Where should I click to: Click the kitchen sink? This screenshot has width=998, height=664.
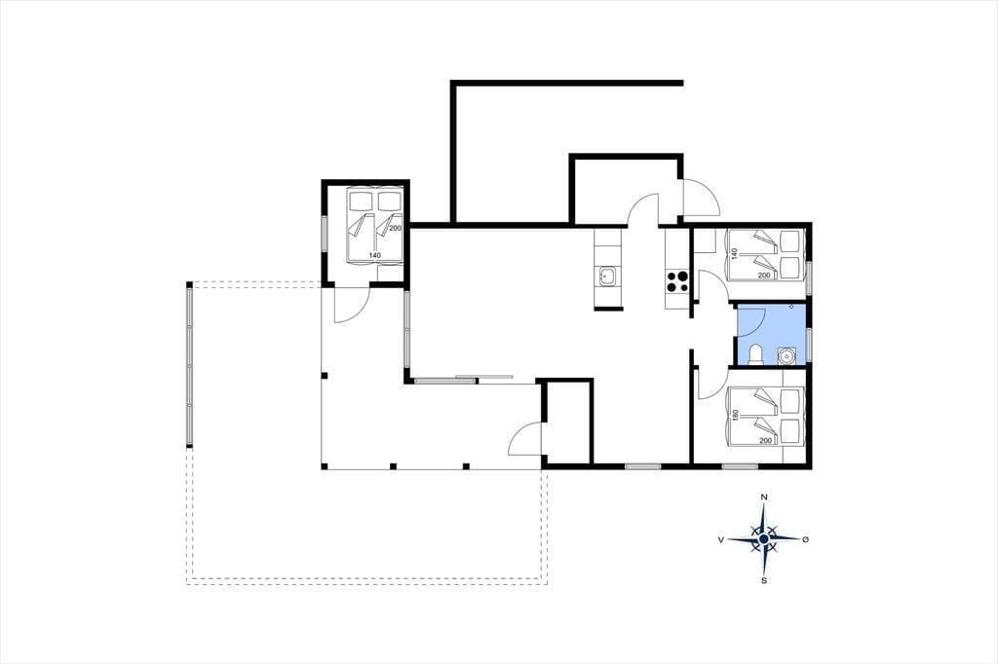(x=607, y=277)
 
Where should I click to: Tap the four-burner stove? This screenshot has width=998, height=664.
(x=676, y=281)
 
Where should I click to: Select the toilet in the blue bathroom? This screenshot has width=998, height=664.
(x=755, y=355)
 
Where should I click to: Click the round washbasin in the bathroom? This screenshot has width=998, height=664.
(x=787, y=355)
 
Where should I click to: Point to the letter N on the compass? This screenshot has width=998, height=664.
(x=764, y=497)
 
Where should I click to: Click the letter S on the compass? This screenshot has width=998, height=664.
(x=764, y=580)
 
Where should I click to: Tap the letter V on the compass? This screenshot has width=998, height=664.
(x=720, y=539)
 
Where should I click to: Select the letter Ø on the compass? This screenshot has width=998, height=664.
(x=805, y=539)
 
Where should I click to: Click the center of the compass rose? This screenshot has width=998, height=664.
(x=764, y=538)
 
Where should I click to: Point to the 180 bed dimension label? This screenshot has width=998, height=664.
(x=736, y=416)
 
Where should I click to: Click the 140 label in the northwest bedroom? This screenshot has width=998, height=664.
(x=374, y=255)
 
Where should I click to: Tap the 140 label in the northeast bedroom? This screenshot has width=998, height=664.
(x=735, y=253)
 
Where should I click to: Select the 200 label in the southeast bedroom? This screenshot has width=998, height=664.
(x=764, y=440)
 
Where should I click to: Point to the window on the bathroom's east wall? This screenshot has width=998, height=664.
(x=809, y=344)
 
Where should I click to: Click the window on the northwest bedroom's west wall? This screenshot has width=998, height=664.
(x=324, y=234)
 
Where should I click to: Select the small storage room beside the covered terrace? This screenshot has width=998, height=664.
(x=567, y=423)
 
